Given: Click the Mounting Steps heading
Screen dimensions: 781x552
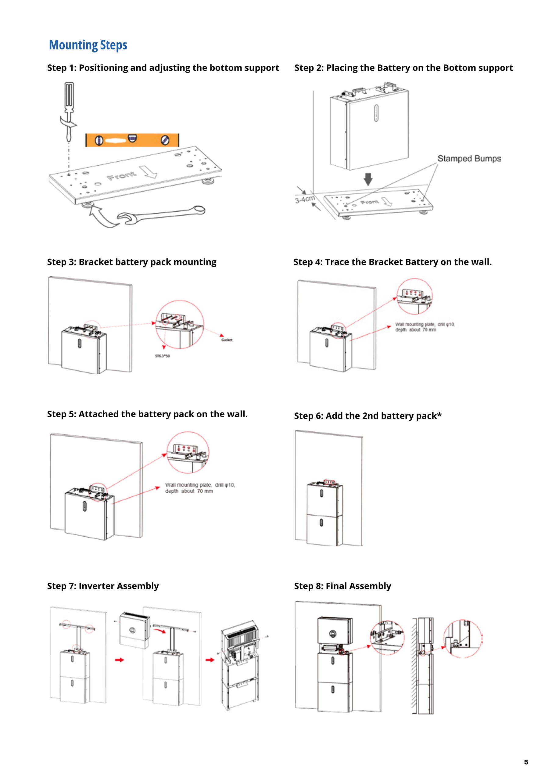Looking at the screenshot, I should (88, 45).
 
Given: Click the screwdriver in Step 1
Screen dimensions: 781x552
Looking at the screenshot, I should (69, 109).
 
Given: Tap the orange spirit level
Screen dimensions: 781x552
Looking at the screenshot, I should (132, 140).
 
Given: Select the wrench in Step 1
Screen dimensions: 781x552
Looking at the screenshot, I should (162, 215).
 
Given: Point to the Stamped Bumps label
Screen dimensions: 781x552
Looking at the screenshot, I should (469, 159).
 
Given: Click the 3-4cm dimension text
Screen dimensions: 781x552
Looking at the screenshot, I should (305, 199).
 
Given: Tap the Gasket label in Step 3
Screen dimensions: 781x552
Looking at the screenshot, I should (227, 340).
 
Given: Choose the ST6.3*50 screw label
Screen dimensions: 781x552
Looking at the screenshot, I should (163, 356).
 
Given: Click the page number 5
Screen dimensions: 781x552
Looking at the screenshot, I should (526, 762).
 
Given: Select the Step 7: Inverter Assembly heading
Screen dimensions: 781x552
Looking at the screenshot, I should (103, 586).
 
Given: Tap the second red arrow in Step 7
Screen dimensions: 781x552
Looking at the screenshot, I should (210, 660).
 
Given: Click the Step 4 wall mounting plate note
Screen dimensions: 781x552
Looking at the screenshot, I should (425, 327).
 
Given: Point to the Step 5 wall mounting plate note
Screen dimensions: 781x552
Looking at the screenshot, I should (200, 488).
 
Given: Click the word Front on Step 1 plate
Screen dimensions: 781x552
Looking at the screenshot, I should (121, 176).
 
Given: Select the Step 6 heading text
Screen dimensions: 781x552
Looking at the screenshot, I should (368, 416).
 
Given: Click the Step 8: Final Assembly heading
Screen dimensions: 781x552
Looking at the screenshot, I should (342, 586).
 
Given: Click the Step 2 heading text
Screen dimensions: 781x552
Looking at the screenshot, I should (403, 68).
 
